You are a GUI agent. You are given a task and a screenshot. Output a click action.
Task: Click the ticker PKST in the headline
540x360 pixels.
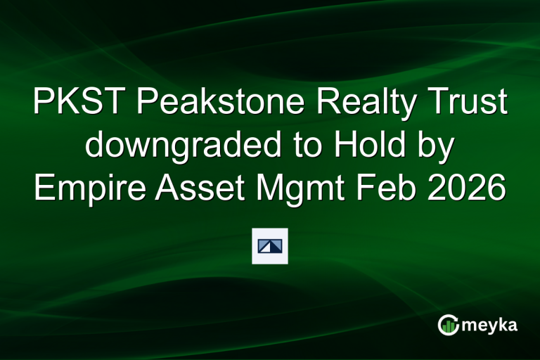coord(79,104)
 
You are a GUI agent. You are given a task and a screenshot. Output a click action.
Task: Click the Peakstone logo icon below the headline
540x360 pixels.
coord(270,246)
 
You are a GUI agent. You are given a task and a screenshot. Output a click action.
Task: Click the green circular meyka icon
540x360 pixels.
coord(448,325)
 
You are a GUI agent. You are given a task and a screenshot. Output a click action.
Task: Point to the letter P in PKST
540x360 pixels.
coord(44,104)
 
